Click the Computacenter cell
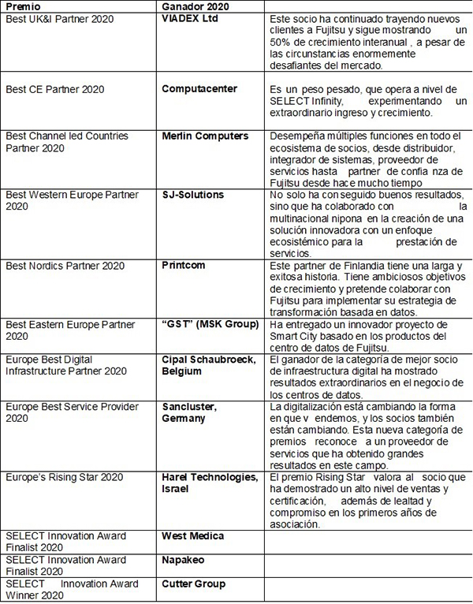(x=199, y=89)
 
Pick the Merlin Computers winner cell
(x=204, y=136)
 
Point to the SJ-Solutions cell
(x=193, y=195)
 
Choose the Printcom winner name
(x=184, y=266)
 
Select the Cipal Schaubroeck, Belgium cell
(x=208, y=365)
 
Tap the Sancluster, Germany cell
(x=189, y=412)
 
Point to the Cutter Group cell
(x=194, y=583)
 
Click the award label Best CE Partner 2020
(x=55, y=89)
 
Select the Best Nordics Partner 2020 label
(x=65, y=266)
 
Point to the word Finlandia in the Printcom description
(x=370, y=266)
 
